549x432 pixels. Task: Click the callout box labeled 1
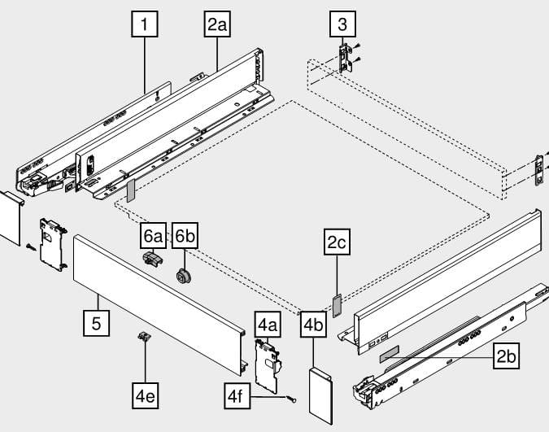click(x=144, y=25)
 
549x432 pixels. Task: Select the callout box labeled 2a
click(x=217, y=25)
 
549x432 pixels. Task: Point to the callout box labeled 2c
click(x=337, y=242)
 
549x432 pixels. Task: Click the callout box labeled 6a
click(x=152, y=237)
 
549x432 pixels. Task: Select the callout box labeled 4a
click(x=268, y=324)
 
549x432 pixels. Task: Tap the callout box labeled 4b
click(x=314, y=324)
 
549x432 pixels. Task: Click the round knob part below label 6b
click(x=184, y=274)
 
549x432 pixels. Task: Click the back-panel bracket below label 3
click(x=346, y=59)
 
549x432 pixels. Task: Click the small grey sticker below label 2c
click(x=336, y=303)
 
